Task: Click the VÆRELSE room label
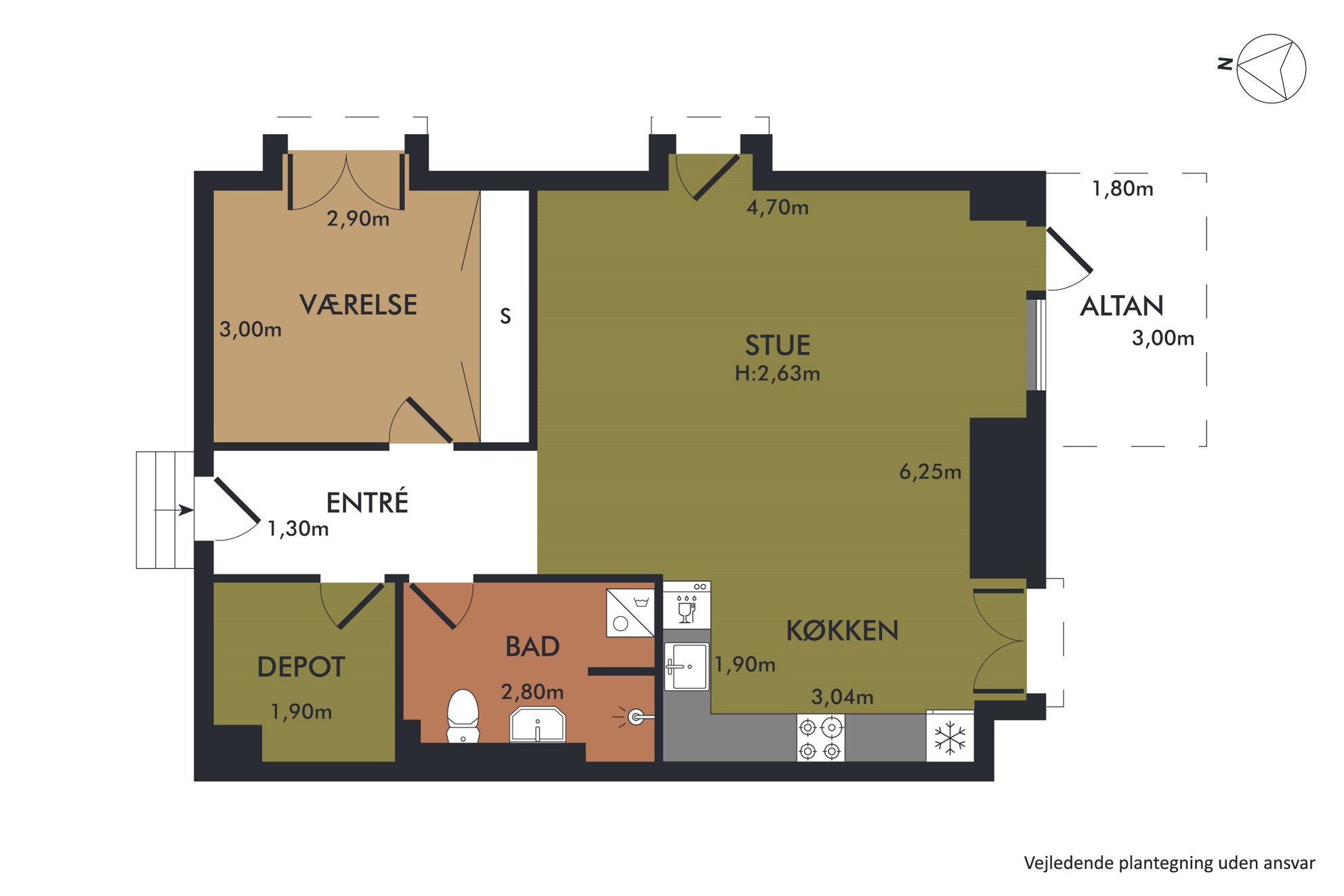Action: (x=358, y=305)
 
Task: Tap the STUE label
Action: (x=778, y=345)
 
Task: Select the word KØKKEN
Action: (x=842, y=631)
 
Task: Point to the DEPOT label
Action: (x=301, y=667)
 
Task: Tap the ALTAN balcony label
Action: (x=1122, y=306)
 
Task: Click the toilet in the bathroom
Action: (x=463, y=716)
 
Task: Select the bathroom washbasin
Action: (x=537, y=725)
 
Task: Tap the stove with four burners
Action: (x=820, y=738)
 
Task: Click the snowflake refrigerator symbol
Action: (x=950, y=738)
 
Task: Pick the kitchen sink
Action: (x=687, y=667)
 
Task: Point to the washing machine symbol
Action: (x=630, y=613)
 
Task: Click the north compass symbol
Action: (x=1270, y=68)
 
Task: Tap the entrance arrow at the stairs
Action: (x=174, y=510)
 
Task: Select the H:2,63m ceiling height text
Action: (x=778, y=373)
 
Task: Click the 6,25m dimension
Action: (x=930, y=471)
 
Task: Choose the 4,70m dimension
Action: (x=778, y=207)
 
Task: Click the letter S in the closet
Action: (x=505, y=316)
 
